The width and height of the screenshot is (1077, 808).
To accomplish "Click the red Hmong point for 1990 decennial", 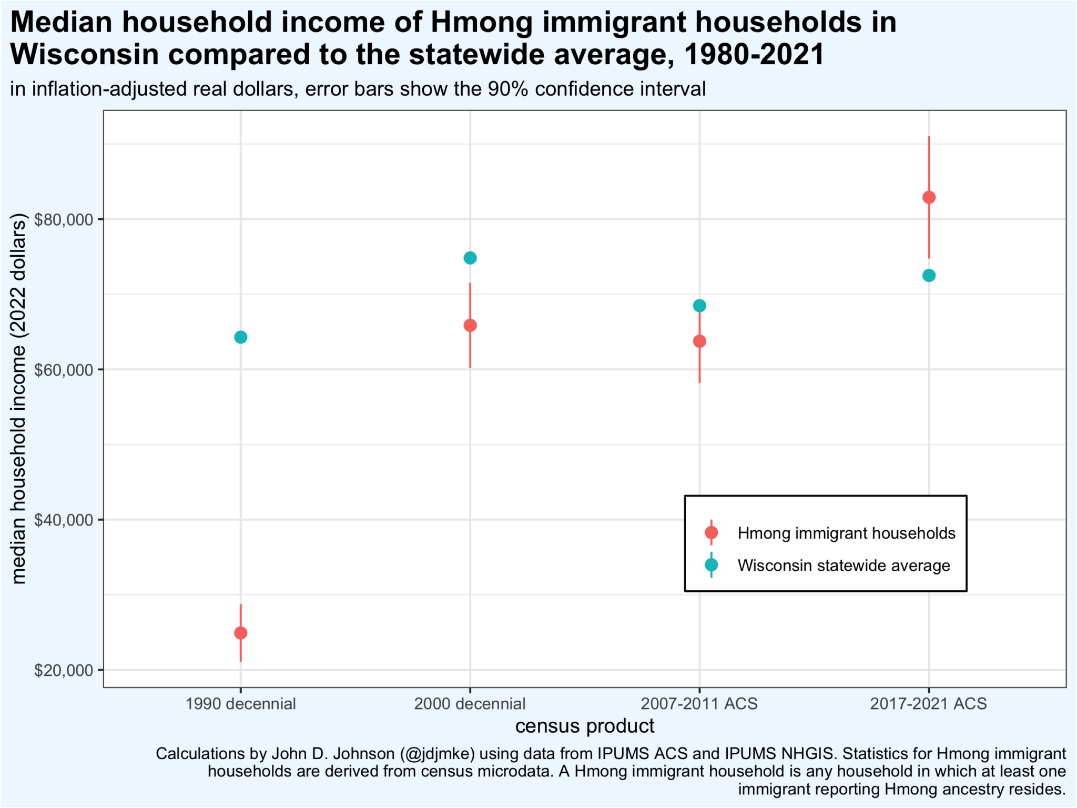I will pos(240,633).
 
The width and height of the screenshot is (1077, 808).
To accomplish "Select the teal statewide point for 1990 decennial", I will pos(240,337).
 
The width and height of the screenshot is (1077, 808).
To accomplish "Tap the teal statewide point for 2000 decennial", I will pos(470,258).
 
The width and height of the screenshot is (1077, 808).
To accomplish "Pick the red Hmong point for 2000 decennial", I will pos(470,326).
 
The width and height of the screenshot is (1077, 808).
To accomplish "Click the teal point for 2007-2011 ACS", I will pos(699,306).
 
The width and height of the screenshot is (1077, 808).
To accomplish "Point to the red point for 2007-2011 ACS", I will pos(699,341).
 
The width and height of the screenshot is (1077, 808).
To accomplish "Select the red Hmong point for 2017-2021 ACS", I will pos(929,198).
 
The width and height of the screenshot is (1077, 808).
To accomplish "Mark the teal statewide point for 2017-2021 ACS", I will pos(929,276).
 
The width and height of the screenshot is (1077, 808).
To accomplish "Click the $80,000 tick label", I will pos(63,219).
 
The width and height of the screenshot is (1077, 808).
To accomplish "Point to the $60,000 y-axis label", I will pos(63,370).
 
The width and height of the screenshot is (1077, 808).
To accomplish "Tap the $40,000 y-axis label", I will pos(63,520).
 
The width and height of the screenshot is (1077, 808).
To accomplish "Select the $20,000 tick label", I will pos(63,671).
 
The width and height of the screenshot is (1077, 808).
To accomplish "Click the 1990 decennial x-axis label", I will pos(240,704).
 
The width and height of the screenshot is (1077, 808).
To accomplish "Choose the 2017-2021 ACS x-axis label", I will pos(929,704).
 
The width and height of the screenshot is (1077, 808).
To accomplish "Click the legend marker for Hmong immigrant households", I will pos(711,533).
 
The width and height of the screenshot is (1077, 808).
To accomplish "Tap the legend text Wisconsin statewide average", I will pos(844,565).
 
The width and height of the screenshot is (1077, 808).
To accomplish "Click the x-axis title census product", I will pos(584,726).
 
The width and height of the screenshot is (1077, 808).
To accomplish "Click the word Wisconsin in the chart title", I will pos(84,54).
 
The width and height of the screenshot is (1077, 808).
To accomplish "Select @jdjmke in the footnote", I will pos(437,754).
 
